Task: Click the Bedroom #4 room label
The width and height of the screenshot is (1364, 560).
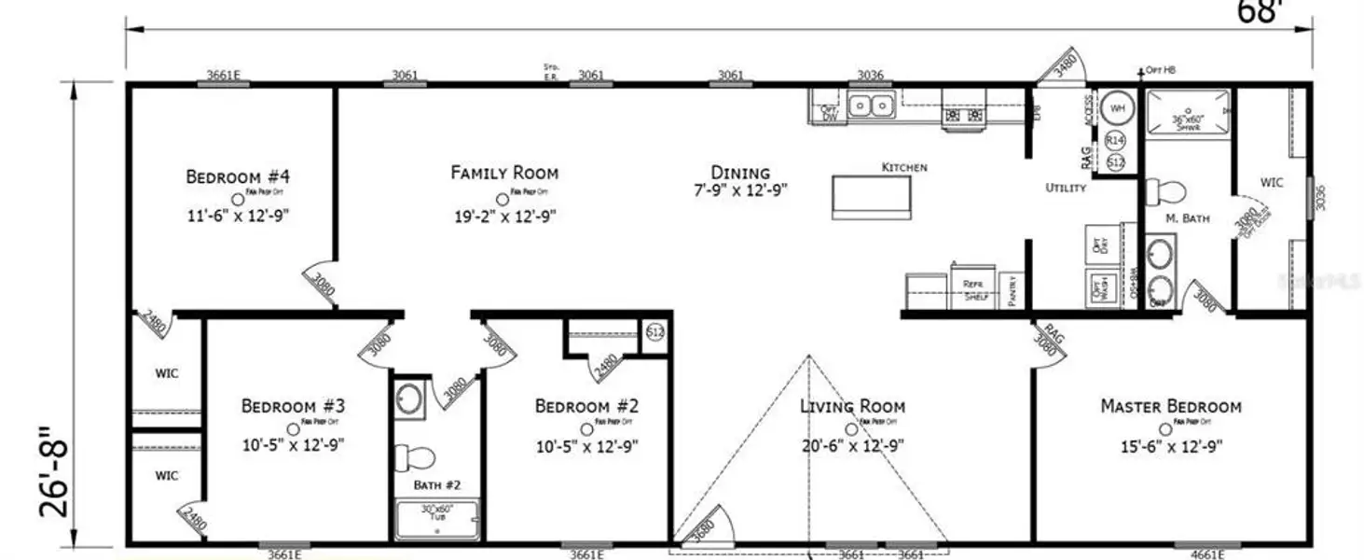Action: pos(230,176)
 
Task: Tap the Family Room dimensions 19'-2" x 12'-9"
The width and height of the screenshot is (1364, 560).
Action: pos(504,217)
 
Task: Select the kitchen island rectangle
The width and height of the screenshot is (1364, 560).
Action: pos(872,196)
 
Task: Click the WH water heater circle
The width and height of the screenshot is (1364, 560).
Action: pos(1116,108)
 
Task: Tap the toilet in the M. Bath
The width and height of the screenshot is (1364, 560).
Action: pos(1165,191)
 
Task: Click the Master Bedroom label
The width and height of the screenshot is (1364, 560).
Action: pos(1170,407)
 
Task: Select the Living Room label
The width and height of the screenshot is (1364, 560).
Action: pos(852,407)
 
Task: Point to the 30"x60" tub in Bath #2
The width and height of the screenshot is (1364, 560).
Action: pos(437,520)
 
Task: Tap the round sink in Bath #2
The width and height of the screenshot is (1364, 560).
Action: pos(409,399)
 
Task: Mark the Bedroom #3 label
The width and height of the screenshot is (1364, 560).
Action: pos(294,407)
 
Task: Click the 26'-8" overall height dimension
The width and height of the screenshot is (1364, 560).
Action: pos(52,471)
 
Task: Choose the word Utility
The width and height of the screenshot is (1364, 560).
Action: pos(1065,188)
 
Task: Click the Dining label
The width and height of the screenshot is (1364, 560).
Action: pos(740,173)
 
